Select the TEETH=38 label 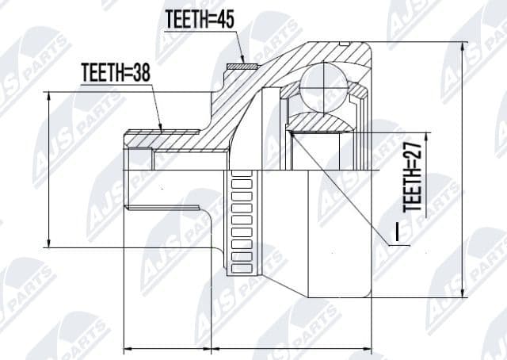(x=116, y=73)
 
